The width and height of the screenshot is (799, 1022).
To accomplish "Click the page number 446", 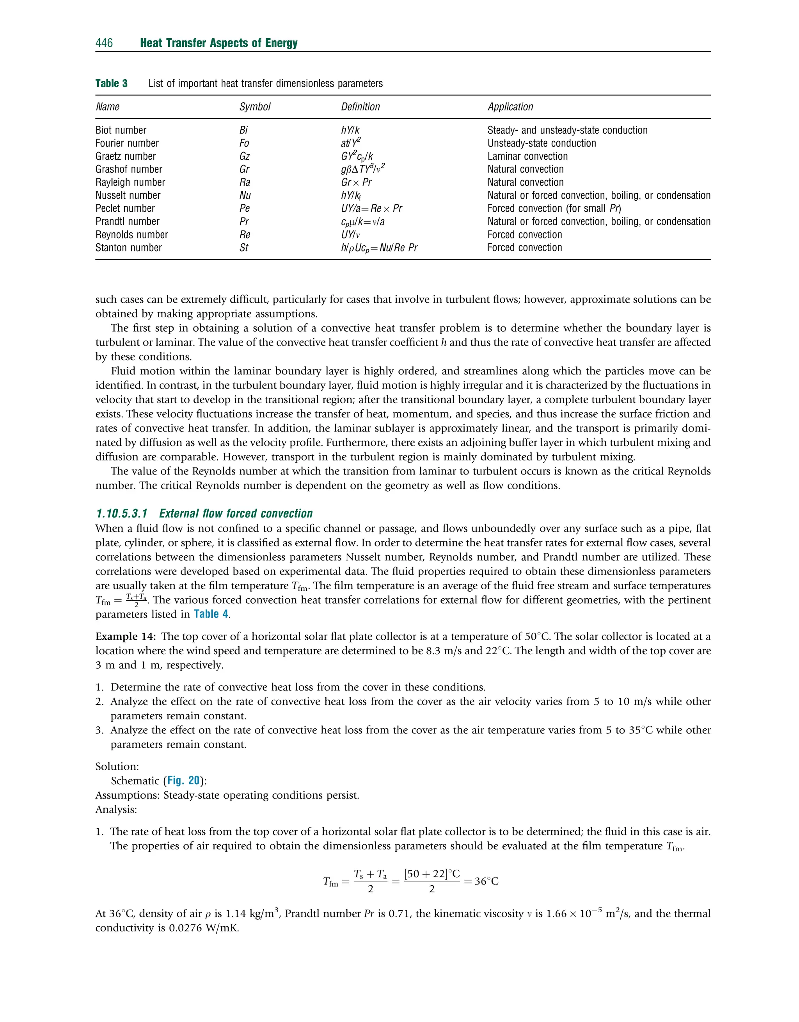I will tap(104, 43).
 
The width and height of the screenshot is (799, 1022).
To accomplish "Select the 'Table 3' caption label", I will tap(111, 83).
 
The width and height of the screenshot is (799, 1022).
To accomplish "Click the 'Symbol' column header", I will tap(254, 107).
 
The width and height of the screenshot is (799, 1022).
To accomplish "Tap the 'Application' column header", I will tap(510, 107).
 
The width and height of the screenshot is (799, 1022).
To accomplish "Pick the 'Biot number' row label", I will tap(121, 130).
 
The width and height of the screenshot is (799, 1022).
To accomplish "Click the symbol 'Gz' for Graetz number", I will tap(244, 156).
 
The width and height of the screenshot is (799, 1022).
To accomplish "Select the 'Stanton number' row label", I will tap(128, 248).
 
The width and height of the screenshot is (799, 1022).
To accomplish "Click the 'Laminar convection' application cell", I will tap(527, 156).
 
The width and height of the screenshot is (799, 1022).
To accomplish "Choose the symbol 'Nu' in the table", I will tap(245, 196).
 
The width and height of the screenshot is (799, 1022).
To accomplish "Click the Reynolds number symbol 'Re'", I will tap(245, 235).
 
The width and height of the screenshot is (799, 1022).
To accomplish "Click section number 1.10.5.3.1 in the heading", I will tap(122, 514).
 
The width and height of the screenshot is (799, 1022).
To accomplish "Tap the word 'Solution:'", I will tap(117, 766).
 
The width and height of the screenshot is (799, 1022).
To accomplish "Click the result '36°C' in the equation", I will tap(487, 881).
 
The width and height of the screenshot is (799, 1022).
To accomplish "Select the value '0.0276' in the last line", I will tap(185, 928).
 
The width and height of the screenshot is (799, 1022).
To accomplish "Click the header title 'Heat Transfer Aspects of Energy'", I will tap(218, 43).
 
